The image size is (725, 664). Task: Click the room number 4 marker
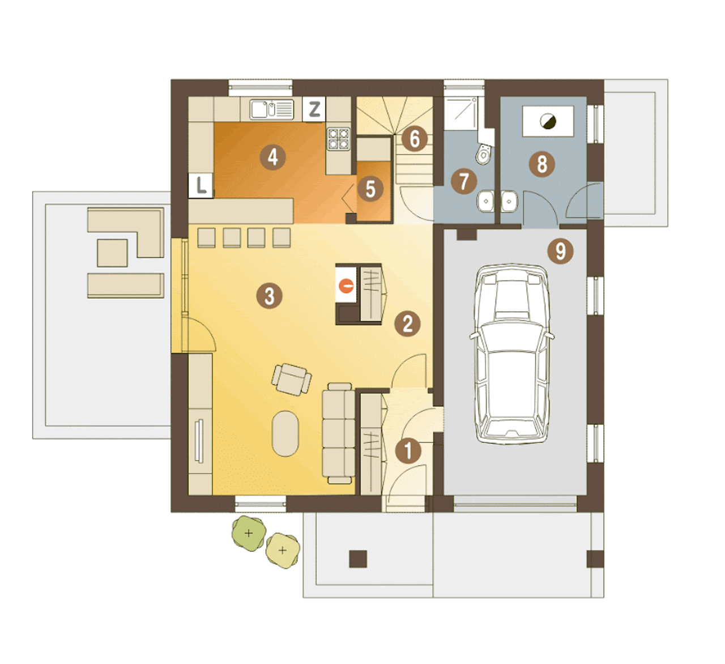click(x=272, y=157)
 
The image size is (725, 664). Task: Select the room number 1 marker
click(x=408, y=450)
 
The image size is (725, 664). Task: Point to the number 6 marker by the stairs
click(x=415, y=138)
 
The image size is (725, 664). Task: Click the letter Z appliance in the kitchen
click(x=314, y=109)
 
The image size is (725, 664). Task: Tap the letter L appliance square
click(x=201, y=185)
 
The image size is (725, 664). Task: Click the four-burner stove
click(x=339, y=139)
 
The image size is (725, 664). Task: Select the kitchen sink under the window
click(x=271, y=109)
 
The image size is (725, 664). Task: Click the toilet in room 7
click(x=484, y=154)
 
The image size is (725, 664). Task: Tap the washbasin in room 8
click(x=509, y=201)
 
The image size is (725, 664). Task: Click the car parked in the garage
click(x=512, y=354)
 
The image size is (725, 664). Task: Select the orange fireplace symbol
click(x=346, y=286)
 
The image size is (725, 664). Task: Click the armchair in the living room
click(x=291, y=380)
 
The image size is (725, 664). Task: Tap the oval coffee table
click(x=285, y=433)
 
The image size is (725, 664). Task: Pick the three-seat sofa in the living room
click(x=338, y=433)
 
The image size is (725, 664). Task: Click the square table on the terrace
click(x=112, y=253)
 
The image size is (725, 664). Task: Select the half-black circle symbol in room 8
click(x=548, y=121)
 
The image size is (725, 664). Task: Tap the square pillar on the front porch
click(x=358, y=559)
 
